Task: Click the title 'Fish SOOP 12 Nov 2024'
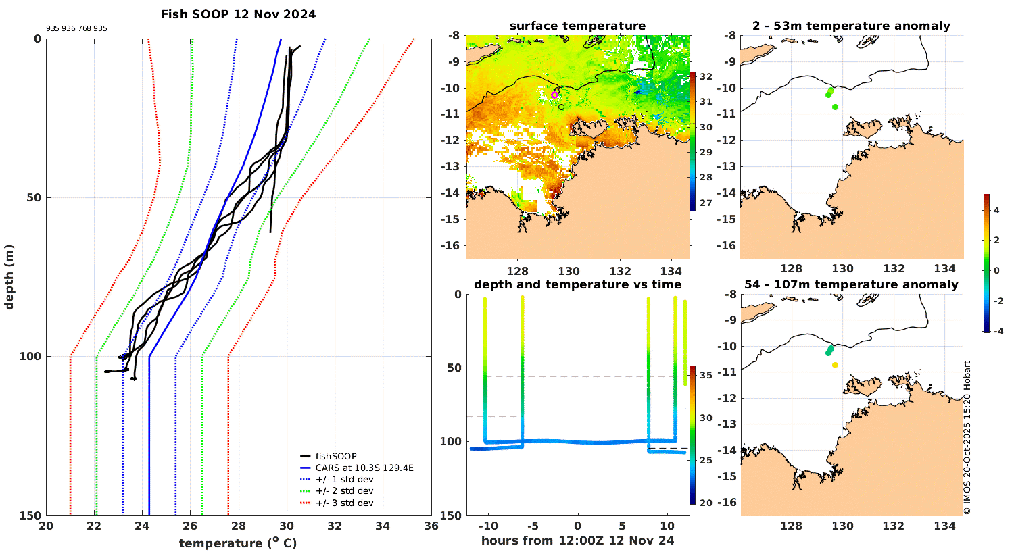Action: click(238, 14)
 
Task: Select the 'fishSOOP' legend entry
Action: click(336, 456)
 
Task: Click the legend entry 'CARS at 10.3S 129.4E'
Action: click(364, 468)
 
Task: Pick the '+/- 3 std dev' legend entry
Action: click(344, 503)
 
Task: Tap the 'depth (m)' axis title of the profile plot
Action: click(9, 276)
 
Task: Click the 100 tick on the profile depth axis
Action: click(32, 357)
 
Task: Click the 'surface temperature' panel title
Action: click(577, 26)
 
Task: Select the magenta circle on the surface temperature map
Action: click(554, 95)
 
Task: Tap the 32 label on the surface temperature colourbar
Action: click(706, 76)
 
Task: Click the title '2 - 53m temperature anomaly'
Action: click(851, 26)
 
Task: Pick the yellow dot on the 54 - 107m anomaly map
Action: click(836, 365)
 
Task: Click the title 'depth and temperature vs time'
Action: click(577, 285)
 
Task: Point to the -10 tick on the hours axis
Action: click(488, 526)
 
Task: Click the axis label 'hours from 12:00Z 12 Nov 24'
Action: click(577, 540)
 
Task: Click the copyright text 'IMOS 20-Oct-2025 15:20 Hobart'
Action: click(967, 438)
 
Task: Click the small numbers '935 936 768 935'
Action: click(76, 29)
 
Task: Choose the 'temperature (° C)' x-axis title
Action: click(238, 543)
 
